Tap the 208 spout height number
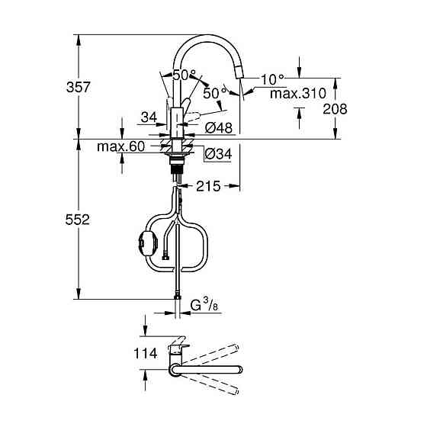pos(334,108)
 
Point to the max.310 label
pos(298,93)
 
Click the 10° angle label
pos(272,79)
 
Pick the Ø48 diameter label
pos(218,128)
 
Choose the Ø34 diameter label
pos(218,153)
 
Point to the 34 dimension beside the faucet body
pos(148,117)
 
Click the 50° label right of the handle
pos(213,92)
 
